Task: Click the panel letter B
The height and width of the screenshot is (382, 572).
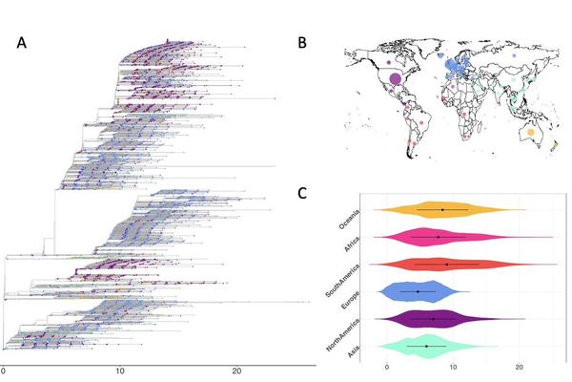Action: (302, 42)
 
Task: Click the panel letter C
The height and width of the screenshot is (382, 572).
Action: (302, 192)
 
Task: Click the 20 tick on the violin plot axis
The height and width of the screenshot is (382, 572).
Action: (519, 367)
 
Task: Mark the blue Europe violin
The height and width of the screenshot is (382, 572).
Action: (419, 291)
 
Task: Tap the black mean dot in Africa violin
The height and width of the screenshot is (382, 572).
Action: (439, 236)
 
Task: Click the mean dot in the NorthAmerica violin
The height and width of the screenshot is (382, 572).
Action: (434, 319)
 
